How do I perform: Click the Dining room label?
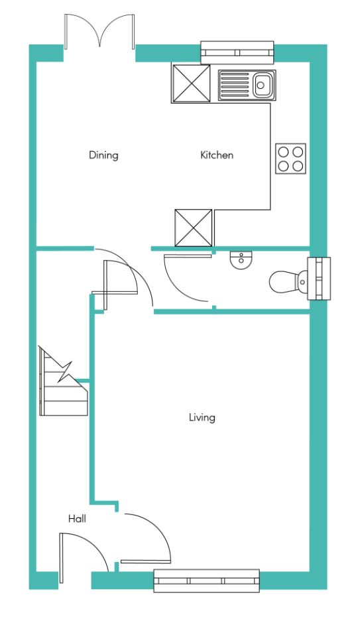[103, 155]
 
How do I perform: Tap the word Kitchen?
[217, 155]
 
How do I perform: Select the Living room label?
[202, 418]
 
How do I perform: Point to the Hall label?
[77, 518]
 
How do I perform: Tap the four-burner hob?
[290, 159]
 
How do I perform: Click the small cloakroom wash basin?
[241, 260]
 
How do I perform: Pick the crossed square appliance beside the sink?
[191, 84]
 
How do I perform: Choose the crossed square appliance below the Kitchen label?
[194, 228]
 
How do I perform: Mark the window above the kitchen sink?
[237, 52]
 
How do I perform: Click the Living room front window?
[207, 581]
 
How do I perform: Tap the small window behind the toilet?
[320, 279]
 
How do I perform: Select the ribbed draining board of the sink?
[235, 84]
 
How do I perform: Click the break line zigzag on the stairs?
[66, 372]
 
